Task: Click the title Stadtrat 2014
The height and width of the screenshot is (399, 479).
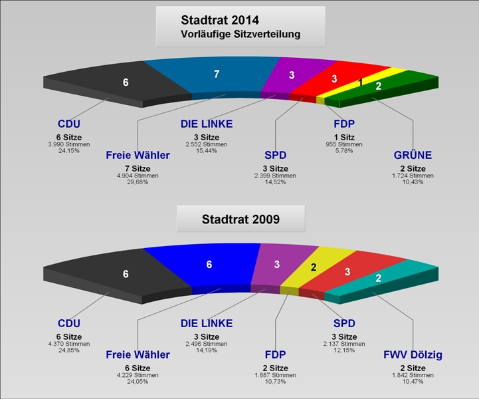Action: pos(220,20)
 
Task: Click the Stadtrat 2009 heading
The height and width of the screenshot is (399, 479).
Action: pos(240,219)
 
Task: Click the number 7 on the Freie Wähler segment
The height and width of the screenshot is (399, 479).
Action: pos(217,74)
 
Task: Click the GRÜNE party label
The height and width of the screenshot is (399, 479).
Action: pos(413,155)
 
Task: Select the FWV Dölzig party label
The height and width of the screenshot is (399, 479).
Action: pos(413,354)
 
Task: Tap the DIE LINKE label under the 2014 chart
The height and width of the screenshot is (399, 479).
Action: pos(207,124)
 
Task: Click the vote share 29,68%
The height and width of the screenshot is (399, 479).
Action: pos(138,182)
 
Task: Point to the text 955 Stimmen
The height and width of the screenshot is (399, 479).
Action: pos(344,144)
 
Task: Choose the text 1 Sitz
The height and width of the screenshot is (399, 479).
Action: pos(344,137)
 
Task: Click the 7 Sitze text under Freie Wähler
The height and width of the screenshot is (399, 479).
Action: pos(138,168)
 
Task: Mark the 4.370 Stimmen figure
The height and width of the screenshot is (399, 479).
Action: pos(68,344)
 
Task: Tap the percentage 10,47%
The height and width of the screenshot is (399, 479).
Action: pos(413,381)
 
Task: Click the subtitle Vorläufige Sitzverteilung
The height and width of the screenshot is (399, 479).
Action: pos(240,34)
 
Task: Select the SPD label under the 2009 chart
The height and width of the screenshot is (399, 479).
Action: pos(344,323)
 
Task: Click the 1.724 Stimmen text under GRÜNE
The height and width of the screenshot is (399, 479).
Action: pos(413,176)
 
